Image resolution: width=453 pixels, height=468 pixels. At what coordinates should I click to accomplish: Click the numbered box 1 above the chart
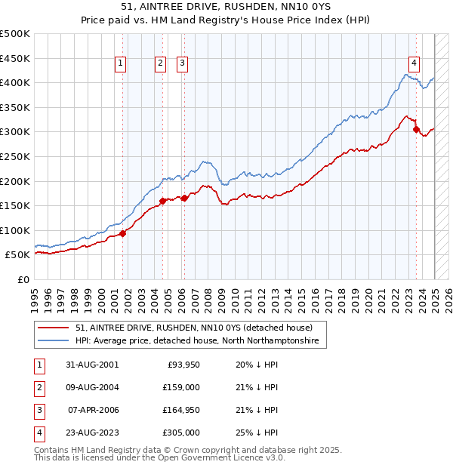pyautogui.click(x=122, y=64)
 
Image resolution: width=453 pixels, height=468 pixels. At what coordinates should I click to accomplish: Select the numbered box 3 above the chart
pyautogui.click(x=183, y=64)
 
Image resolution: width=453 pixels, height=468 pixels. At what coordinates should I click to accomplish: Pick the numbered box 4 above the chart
pyautogui.click(x=414, y=64)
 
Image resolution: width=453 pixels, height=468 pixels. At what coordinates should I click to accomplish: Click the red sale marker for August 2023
pyautogui.click(x=416, y=130)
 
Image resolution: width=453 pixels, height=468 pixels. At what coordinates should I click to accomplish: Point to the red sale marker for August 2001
pyautogui.click(x=123, y=233)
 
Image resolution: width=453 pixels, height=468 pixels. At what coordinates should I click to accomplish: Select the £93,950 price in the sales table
pyautogui.click(x=182, y=365)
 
